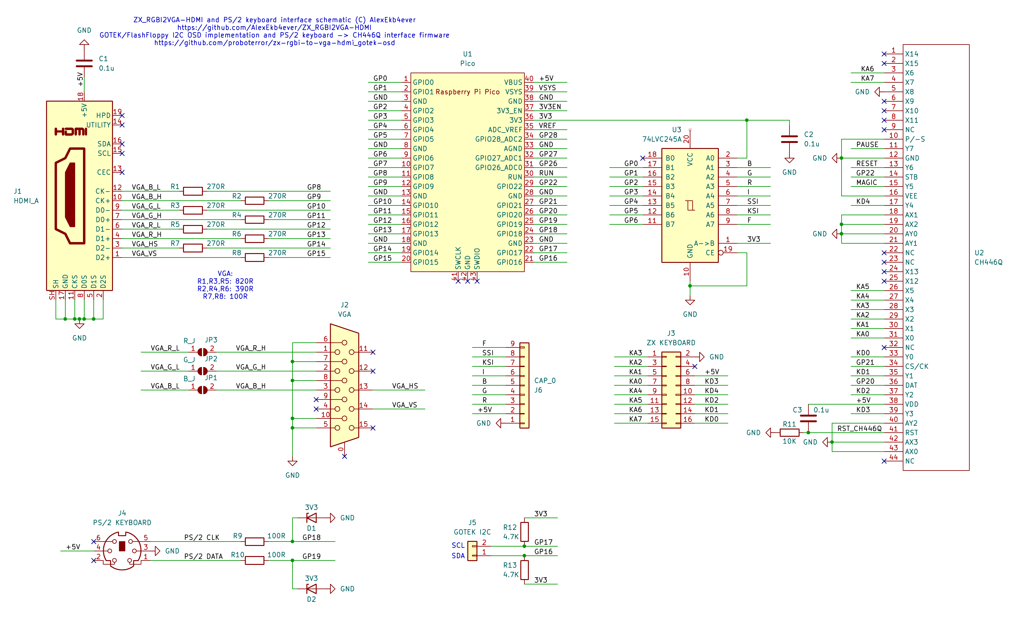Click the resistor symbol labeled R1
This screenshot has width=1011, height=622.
192,191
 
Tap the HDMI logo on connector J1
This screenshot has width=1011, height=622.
71,132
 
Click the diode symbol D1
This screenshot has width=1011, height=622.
311,518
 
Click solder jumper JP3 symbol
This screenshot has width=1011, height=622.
202,352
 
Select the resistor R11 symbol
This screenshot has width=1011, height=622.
789,432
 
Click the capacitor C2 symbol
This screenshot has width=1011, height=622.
789,139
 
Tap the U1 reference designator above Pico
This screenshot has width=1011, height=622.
467,54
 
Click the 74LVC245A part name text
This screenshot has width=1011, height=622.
662,139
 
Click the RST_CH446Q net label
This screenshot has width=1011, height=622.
859,428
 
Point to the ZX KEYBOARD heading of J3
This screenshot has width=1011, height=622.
671,343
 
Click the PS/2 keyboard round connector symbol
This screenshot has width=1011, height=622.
122,551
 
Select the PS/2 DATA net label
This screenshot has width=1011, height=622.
203,556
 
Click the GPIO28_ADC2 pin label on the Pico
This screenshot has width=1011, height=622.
499,139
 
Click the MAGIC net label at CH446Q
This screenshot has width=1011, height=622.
866,182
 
